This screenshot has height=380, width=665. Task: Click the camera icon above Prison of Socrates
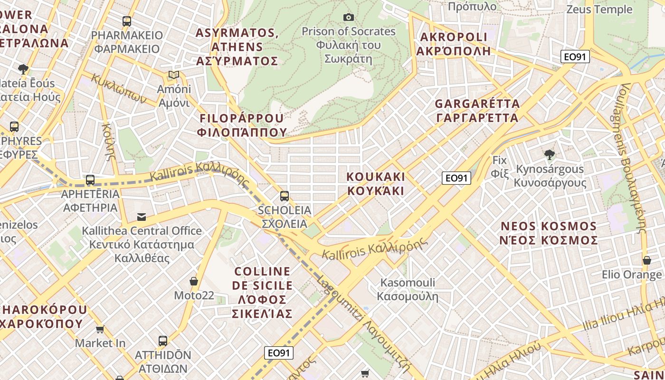point(349,18)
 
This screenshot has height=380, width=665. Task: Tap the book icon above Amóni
point(174,75)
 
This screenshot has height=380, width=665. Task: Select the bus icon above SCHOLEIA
point(285,196)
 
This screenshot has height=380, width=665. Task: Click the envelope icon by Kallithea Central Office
point(142,217)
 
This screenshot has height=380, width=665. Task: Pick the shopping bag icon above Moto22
point(194,281)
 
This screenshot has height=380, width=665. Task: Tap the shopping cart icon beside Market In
point(100,329)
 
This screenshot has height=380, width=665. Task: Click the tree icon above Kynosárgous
point(550,154)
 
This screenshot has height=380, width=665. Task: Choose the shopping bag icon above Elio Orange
point(646,260)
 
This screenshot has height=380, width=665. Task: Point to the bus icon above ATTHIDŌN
point(163,341)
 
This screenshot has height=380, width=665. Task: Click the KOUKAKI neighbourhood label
point(376,177)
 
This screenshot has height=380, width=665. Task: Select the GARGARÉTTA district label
point(477,104)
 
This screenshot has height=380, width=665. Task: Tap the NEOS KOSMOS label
point(549,226)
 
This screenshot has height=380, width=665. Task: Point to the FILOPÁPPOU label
point(242,118)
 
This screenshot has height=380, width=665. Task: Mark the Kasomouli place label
point(408,283)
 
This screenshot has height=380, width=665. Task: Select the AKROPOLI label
point(454,38)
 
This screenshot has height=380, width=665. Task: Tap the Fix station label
point(500,160)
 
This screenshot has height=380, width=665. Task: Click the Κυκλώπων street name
point(118,88)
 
